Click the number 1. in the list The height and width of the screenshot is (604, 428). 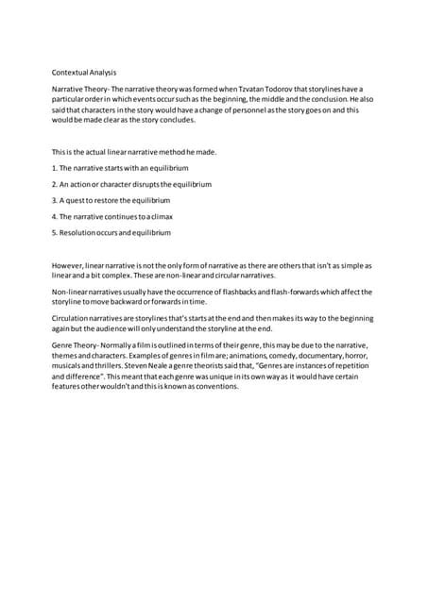pos(55,167)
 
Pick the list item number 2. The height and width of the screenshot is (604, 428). pos(55,183)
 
